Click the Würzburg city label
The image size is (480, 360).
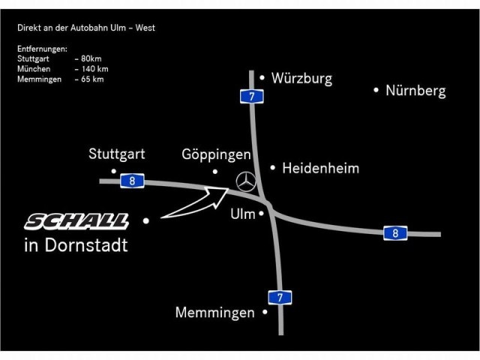point(301,78)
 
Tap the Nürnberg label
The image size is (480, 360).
point(415,91)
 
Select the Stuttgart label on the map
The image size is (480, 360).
point(117,154)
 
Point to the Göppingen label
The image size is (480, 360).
point(216,154)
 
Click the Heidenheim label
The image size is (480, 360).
point(320,168)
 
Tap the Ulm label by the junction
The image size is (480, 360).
point(243,214)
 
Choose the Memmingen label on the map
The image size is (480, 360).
point(215,313)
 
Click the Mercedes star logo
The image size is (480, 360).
point(246,181)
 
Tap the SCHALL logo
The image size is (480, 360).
point(76,221)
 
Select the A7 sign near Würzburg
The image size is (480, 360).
point(252,97)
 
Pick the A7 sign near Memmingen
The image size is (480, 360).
point(280,297)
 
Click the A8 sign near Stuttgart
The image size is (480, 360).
point(132,181)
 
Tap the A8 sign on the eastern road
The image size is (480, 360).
point(395,233)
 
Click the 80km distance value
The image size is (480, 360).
point(91,58)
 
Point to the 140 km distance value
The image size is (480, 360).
point(95,69)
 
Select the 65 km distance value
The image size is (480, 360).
point(92,79)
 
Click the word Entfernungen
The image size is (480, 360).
point(42,49)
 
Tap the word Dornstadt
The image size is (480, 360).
point(86,245)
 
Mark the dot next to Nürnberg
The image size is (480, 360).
point(376,90)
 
